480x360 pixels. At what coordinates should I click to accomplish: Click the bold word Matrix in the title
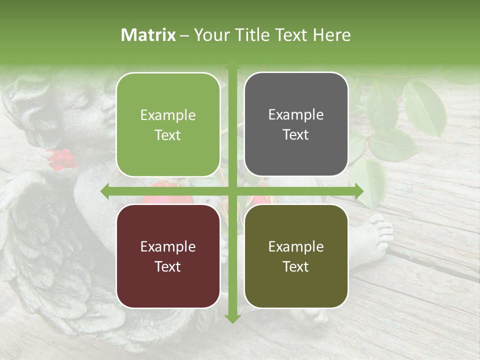(148, 35)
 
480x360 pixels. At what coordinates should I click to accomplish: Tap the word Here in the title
(331, 35)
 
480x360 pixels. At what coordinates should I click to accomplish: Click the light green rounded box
(168, 125)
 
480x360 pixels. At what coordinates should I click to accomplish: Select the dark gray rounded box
(296, 124)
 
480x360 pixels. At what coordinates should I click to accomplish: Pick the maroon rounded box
(168, 256)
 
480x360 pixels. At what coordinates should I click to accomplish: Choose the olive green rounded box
(296, 256)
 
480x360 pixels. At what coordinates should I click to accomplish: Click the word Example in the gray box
(296, 114)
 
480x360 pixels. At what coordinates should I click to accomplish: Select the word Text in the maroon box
(167, 266)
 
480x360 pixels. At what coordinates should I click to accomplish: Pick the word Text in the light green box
(167, 135)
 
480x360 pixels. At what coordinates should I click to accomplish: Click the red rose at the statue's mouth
(61, 159)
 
